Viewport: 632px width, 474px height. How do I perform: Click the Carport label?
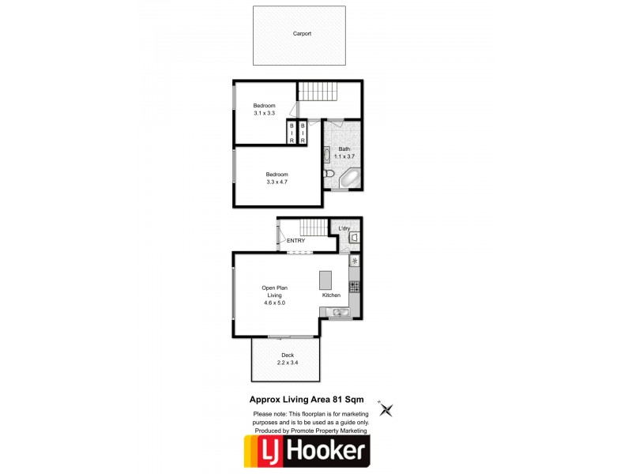point(302,34)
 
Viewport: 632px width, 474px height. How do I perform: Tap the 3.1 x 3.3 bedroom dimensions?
point(265,114)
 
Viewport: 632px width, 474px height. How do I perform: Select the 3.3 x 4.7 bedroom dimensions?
point(276,182)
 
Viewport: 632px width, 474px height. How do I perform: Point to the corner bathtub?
point(348,179)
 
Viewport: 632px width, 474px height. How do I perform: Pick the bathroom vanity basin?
point(329,152)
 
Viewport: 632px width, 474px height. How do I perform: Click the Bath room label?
point(344,149)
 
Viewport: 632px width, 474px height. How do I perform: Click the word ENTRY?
point(295,241)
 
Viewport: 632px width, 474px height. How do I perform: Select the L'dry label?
point(344,229)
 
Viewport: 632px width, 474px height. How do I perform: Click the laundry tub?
point(355,235)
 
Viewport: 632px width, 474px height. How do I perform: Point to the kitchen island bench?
point(325,280)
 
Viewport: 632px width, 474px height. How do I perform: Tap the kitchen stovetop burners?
point(355,286)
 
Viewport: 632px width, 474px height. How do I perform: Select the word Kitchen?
point(331,295)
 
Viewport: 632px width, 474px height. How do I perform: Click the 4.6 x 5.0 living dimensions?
point(273,303)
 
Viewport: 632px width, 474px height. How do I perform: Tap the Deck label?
point(287,355)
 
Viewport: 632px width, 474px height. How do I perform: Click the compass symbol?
point(386,409)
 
